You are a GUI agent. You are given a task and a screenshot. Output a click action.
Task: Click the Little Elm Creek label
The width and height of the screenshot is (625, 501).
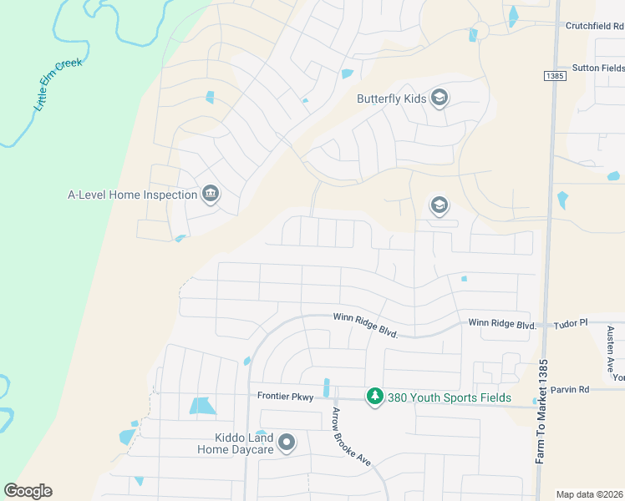tap(58, 85)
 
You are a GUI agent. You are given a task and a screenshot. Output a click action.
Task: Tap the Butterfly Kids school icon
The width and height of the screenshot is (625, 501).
tap(440, 99)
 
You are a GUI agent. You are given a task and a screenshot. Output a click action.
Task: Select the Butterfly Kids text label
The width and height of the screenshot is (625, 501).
tap(392, 99)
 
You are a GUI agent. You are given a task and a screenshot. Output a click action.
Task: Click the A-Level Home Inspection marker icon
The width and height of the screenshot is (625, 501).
tap(210, 195)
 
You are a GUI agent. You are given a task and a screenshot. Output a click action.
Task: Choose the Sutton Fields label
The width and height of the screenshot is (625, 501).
tap(597, 68)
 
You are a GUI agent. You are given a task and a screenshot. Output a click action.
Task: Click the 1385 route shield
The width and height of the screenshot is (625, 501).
tap(554, 76)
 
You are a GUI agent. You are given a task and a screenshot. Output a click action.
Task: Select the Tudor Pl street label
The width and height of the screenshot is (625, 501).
tap(572, 322)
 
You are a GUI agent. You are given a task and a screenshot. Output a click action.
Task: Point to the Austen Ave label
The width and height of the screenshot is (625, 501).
tap(611, 349)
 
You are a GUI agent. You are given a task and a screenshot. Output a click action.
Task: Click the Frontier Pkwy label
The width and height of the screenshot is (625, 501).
tap(285, 397)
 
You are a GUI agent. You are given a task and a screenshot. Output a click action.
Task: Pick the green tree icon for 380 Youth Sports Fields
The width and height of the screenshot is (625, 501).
tap(375, 397)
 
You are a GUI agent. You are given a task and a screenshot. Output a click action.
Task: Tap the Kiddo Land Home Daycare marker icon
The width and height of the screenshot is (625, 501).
tap(287, 443)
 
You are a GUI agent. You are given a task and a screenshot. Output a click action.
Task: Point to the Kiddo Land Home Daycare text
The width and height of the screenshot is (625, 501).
tap(236, 443)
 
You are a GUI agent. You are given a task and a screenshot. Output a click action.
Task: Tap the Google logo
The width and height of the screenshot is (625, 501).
tap(28, 491)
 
